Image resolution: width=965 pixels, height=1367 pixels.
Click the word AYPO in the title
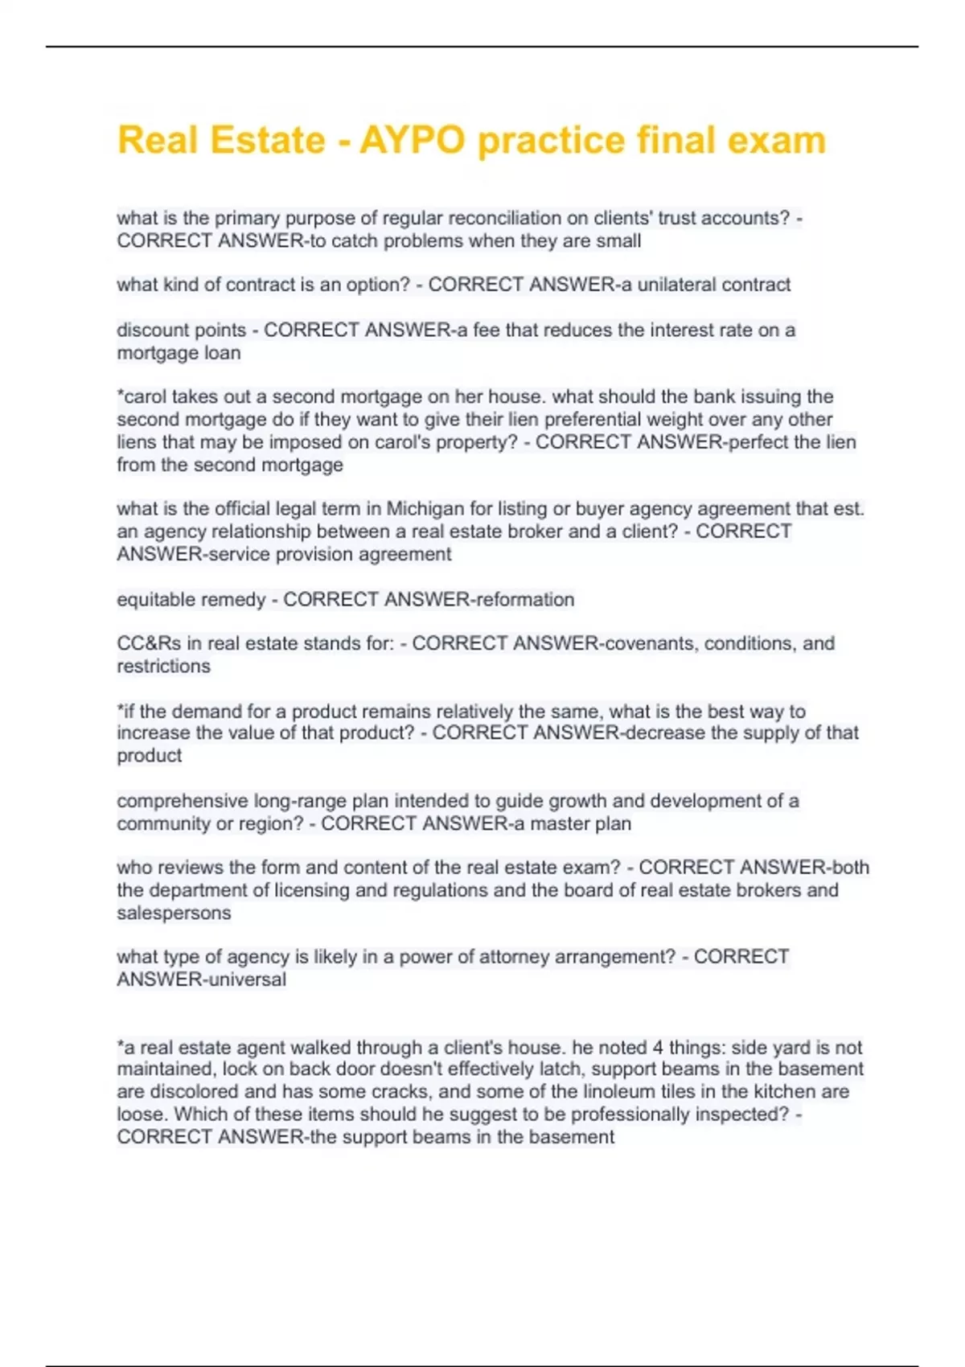[412, 141]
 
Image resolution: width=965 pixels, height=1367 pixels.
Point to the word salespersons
[174, 913]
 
